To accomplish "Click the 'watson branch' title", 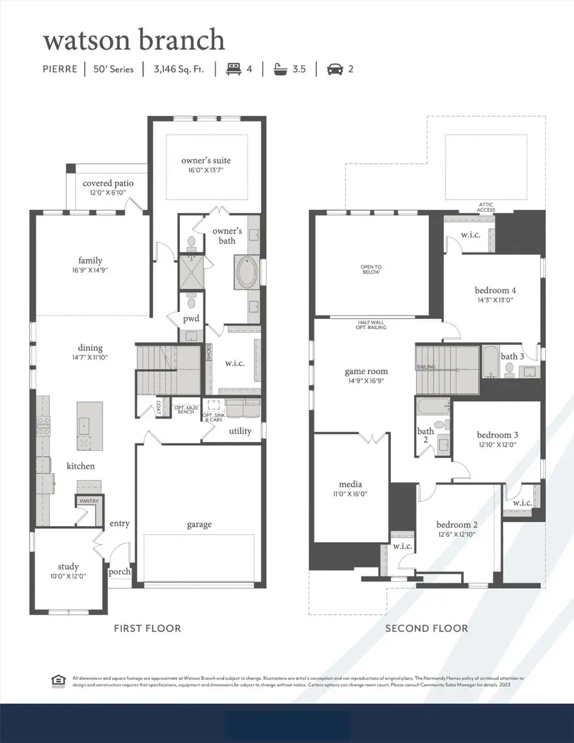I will (134, 40).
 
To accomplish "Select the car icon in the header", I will (334, 68).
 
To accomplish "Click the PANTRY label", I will (89, 501).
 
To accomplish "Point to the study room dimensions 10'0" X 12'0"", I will (68, 577).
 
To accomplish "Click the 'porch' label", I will (119, 571).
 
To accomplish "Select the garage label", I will (199, 524).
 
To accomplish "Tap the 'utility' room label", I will (240, 431).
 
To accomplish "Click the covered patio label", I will (108, 184).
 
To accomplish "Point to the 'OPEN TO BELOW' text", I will (371, 269).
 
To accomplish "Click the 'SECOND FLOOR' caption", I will (426, 628).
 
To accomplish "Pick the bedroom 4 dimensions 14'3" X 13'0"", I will (495, 299).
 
